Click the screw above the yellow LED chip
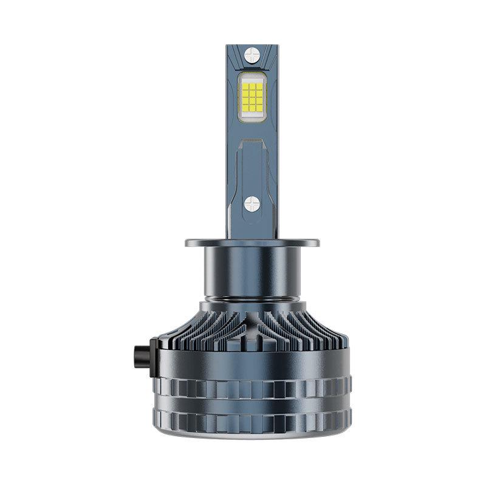tap(252, 56)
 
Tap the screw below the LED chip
tap(252, 204)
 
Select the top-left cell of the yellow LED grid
tap(245, 86)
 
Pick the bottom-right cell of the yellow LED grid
tap(259, 112)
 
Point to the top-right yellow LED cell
tap(259, 86)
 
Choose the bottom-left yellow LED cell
tap(245, 112)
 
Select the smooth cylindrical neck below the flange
tap(252, 273)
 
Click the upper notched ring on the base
tap(252, 387)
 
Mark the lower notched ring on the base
tap(252, 419)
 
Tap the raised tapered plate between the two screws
tap(252, 164)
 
